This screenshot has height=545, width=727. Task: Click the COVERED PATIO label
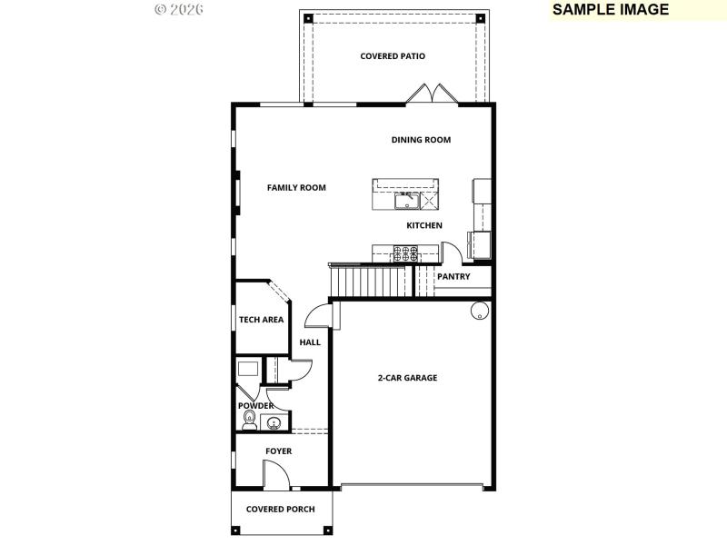(393, 56)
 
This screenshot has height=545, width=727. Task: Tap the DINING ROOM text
(421, 140)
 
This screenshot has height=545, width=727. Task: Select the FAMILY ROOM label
(296, 188)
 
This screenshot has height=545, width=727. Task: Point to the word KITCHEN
(424, 225)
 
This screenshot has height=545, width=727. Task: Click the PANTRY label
(453, 277)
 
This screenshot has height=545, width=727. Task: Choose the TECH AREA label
(261, 320)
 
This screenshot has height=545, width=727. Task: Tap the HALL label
(310, 342)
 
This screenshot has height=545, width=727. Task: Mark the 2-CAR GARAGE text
(408, 378)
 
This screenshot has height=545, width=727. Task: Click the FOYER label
(278, 451)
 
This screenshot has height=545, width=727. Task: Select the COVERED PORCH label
(281, 510)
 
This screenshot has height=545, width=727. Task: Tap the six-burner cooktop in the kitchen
(406, 253)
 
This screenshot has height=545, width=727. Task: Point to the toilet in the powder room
(248, 420)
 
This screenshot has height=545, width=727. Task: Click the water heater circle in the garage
(479, 311)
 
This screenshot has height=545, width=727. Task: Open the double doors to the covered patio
(429, 94)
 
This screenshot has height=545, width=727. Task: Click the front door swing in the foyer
(274, 475)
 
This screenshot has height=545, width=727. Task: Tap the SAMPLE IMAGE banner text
(611, 10)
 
